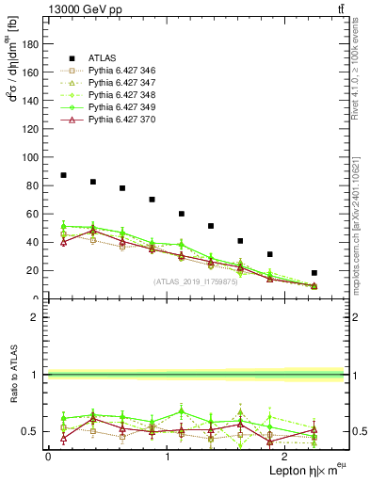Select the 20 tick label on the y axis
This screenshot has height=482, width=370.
[x=33, y=270]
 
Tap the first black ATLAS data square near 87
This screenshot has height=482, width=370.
[x=63, y=175]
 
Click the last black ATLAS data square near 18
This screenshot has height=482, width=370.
[x=314, y=273]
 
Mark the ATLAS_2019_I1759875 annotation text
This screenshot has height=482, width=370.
[x=196, y=281]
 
